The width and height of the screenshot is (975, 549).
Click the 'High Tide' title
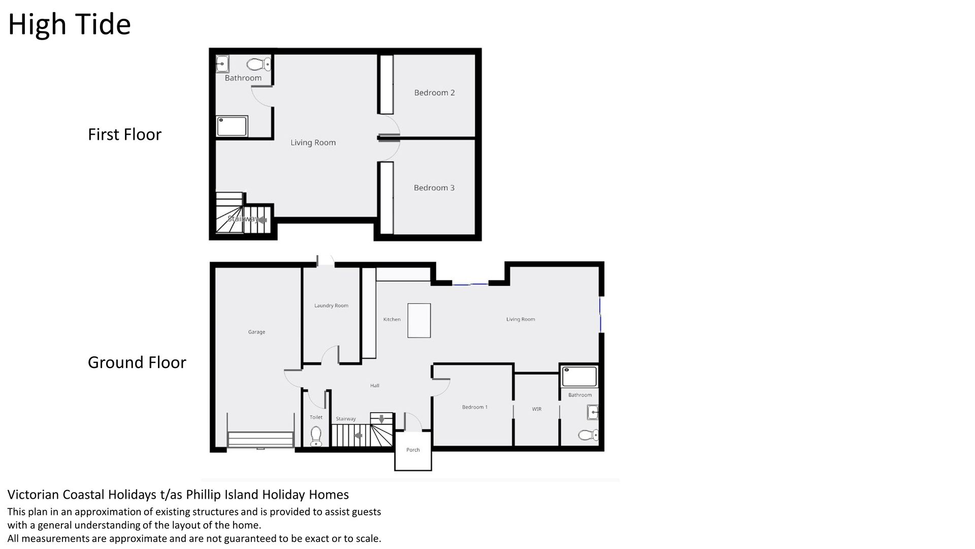70,24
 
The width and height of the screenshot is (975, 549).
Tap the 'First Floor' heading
124,134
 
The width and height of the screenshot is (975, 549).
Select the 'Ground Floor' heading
137,362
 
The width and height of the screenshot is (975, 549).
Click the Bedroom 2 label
434,93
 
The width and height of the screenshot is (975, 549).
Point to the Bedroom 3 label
434,188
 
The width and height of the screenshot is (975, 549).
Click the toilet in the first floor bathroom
259,64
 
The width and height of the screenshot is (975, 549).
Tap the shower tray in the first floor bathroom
233,126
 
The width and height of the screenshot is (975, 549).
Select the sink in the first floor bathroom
222,64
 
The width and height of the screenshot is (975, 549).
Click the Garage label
256,332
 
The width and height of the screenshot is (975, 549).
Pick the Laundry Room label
331,306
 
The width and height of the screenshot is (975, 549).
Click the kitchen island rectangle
419,320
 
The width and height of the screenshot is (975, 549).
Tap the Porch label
413,450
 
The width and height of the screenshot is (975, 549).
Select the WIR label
537,409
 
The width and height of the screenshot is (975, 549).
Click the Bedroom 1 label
475,407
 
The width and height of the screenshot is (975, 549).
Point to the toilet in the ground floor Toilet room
316,436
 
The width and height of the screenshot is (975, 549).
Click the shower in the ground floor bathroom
579,377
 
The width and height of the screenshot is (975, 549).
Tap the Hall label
375,385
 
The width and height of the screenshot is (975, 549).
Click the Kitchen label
392,319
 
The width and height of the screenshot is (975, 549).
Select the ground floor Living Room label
521,319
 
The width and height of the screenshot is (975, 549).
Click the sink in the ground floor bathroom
592,412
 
